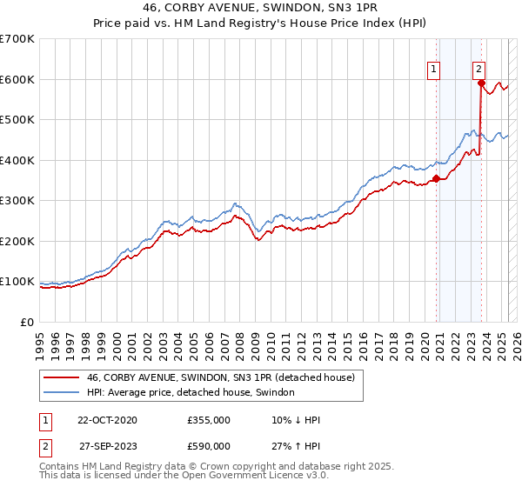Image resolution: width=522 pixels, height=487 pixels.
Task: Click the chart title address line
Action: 260,9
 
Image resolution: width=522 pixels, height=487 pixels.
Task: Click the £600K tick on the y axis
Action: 17,79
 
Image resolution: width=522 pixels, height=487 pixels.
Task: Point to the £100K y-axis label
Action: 17,282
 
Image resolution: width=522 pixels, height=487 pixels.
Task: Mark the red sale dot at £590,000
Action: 481,83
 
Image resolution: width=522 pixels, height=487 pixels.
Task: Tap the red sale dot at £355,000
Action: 436,178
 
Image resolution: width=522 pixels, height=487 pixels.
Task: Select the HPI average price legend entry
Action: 191,393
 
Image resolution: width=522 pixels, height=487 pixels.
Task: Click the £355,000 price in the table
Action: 209,421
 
